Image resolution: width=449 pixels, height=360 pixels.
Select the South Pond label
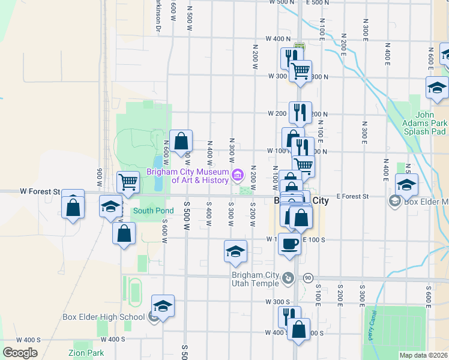[153, 211]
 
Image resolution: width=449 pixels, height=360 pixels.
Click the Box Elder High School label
[103, 317]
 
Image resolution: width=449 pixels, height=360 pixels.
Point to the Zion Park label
[86, 353]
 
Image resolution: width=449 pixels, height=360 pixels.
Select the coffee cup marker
[289, 244]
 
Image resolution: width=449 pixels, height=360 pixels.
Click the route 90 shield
[308, 278]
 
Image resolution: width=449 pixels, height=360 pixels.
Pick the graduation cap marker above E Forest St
[406, 184]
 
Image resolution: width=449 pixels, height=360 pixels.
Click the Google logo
[20, 353]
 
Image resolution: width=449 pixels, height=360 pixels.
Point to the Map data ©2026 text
[423, 355]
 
